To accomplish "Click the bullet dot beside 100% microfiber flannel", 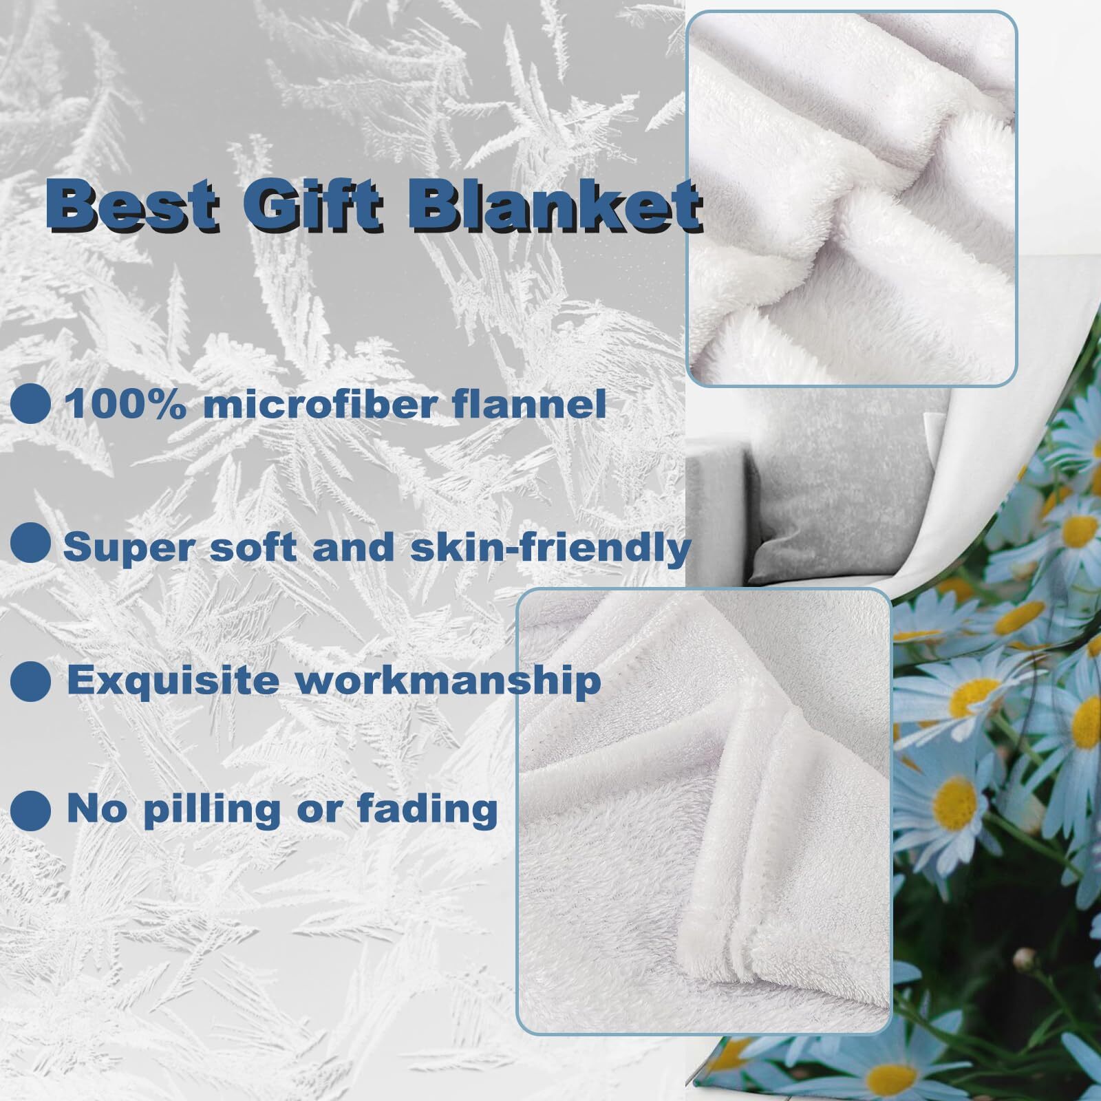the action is (31, 404).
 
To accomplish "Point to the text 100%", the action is (125, 404).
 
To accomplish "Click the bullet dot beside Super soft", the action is (31, 543).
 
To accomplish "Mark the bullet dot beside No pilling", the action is (31, 810).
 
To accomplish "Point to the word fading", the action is (427, 810).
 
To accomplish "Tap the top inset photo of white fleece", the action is (852, 198).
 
